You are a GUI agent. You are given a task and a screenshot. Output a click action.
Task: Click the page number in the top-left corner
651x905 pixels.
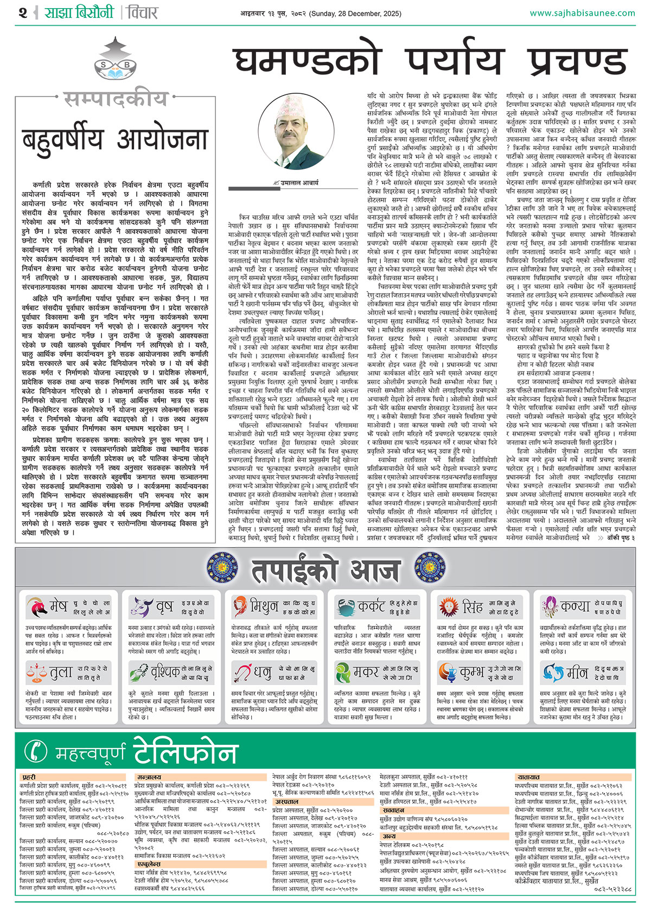pyautogui.click(x=22, y=12)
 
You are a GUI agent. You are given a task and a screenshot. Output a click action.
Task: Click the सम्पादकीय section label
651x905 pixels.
pyautogui.click(x=115, y=99)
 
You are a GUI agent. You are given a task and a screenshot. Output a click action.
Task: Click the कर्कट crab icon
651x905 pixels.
pyautogui.click(x=345, y=606)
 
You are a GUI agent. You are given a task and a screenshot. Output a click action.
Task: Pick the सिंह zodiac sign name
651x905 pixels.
pyautogui.click(x=472, y=606)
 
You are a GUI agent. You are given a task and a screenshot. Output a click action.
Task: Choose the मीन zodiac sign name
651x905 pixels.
pyautogui.click(x=577, y=673)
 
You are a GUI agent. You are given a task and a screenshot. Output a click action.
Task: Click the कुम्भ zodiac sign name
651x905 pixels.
pyautogui.click(x=473, y=673)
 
